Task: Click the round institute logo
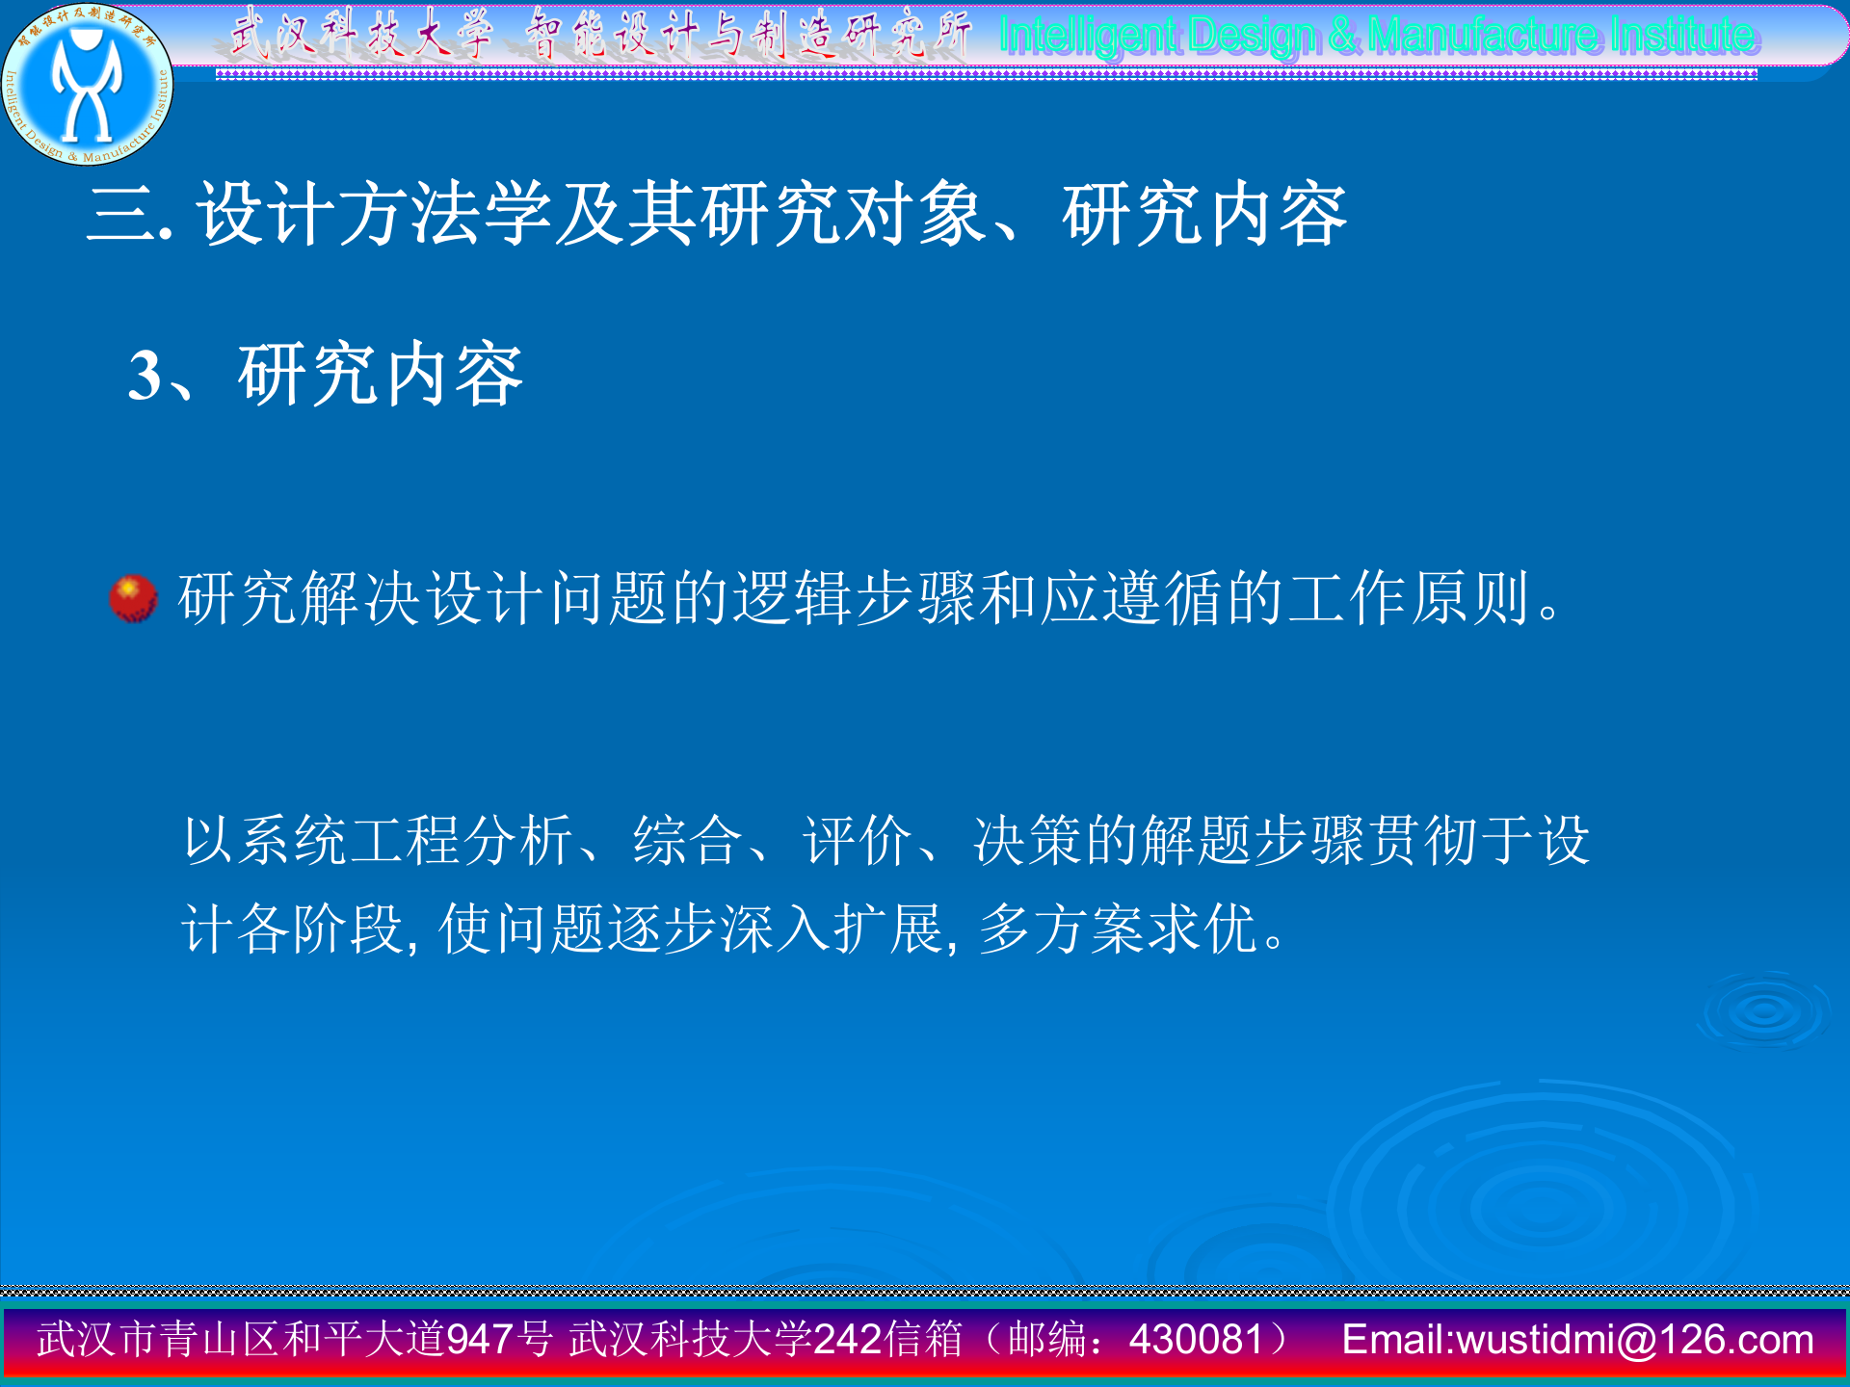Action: [87, 85]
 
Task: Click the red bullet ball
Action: [133, 598]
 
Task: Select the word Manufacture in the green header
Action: [1484, 36]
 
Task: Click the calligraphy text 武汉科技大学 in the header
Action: [361, 34]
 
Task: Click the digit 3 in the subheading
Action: [145, 376]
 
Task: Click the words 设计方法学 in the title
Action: [375, 214]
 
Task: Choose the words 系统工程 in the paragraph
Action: [351, 840]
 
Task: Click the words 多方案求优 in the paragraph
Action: [1118, 929]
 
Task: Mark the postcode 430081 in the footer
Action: [1196, 1340]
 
